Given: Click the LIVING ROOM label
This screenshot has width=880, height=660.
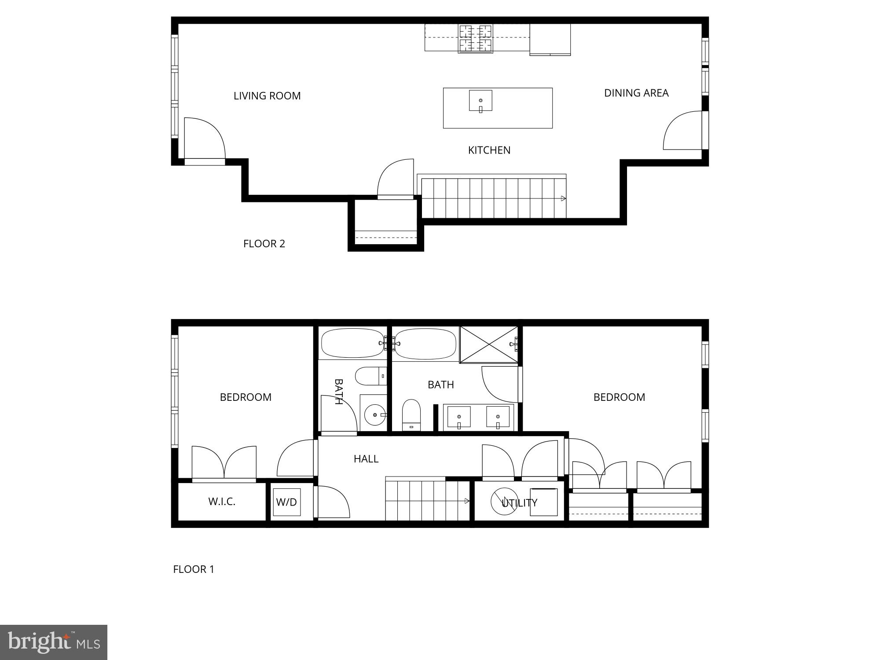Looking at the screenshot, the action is (267, 96).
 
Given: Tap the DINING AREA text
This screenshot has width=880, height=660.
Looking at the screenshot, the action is (636, 93).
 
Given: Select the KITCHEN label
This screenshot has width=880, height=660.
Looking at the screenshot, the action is (489, 150).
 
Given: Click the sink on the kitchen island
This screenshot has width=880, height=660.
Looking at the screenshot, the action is (480, 101).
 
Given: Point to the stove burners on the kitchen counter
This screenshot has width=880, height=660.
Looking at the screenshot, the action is (475, 39).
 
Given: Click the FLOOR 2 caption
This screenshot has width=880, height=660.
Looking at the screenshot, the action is (264, 244).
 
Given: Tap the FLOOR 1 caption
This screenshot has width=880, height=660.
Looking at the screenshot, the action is (194, 569).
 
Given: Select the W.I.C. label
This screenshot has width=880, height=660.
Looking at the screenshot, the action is (222, 501).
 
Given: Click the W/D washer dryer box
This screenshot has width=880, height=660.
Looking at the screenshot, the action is (287, 502).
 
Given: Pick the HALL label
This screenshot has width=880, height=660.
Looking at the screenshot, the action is (366, 459).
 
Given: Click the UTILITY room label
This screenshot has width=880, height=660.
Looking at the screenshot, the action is (520, 502).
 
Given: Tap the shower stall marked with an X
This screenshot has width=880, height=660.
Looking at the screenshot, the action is (489, 345).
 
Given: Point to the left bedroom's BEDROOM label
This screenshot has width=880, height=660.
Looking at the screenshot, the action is (246, 397).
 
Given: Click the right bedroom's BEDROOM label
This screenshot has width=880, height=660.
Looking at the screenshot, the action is (619, 397).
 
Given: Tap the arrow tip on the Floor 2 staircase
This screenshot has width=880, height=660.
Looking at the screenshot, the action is (565, 198).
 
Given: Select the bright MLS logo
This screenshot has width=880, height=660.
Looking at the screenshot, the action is (54, 642).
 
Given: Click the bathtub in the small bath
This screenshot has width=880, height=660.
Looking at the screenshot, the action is (353, 343).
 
